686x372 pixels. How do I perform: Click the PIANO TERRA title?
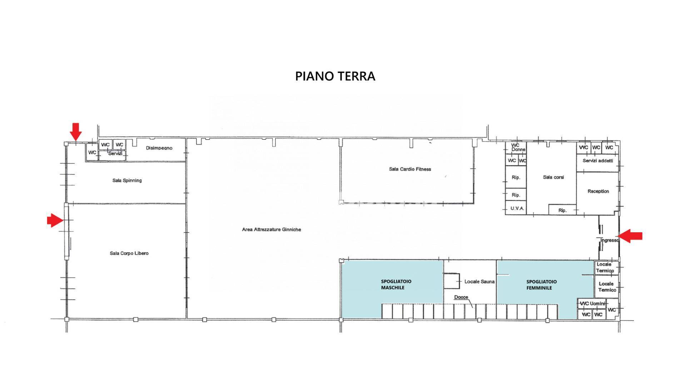tap(335, 76)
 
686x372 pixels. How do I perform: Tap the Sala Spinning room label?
tap(127, 180)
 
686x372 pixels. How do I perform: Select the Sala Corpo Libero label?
tap(129, 253)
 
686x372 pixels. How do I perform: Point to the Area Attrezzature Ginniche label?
tap(272, 229)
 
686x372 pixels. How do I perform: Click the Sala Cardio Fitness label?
tap(410, 169)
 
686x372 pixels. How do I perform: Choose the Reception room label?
tap(598, 191)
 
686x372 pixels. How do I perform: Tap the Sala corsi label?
tap(553, 177)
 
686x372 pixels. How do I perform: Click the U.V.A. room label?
tap(517, 208)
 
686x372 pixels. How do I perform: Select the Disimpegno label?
tap(159, 148)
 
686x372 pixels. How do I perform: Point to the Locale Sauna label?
tap(479, 282)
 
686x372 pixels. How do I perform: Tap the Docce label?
tap(461, 297)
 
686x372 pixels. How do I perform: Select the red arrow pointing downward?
tap(76, 132)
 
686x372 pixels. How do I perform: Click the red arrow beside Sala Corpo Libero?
tap(55, 220)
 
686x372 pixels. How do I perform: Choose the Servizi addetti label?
tap(598, 161)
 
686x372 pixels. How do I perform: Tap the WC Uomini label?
tap(592, 304)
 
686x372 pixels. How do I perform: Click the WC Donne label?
tap(518, 148)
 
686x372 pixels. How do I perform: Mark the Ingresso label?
tap(610, 240)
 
